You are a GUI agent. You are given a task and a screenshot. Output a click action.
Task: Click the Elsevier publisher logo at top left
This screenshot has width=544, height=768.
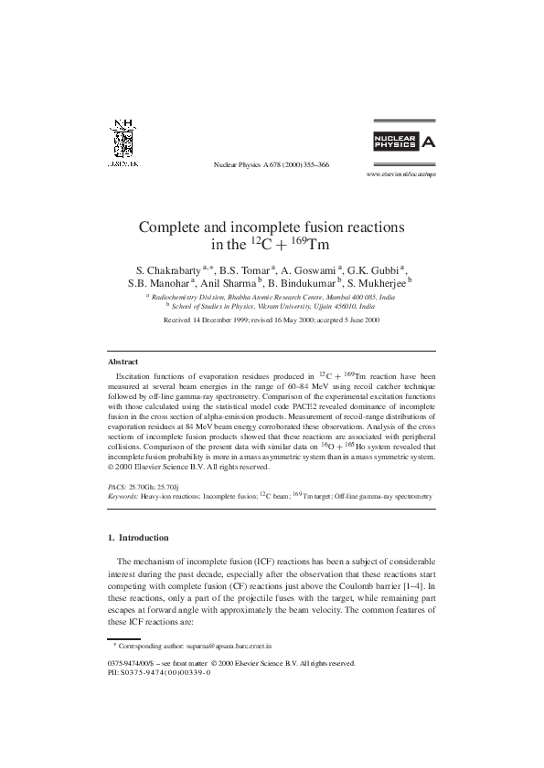(x=123, y=144)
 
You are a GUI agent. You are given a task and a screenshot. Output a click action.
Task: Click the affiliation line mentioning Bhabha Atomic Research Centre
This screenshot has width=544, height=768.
(x=272, y=298)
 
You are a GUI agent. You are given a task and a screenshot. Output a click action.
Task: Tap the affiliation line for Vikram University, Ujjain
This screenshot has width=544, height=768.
(x=272, y=308)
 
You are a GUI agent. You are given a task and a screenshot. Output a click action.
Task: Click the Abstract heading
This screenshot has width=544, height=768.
(x=123, y=362)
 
